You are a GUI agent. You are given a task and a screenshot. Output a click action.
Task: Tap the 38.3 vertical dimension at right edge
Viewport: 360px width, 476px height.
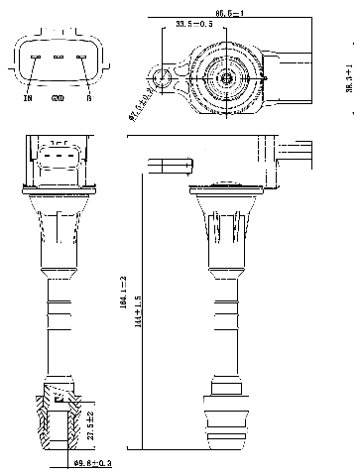pos(349,79)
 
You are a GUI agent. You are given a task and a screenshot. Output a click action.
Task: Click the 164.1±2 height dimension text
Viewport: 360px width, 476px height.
pos(122,297)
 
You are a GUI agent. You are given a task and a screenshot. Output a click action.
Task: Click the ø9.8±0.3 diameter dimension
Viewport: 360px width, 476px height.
pos(91,462)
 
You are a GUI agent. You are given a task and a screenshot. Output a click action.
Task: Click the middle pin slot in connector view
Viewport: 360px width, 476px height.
pos(58,57)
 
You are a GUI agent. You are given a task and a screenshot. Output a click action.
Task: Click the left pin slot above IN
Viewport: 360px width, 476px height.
pos(35,57)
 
